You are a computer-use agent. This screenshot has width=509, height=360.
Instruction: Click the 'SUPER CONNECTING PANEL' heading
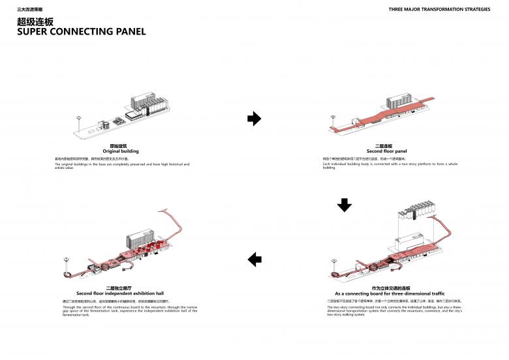click(82, 32)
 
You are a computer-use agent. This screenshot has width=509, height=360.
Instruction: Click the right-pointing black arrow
click(254, 119)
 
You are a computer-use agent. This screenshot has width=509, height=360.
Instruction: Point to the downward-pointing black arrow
click(344, 205)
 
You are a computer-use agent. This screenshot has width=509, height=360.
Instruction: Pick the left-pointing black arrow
click(254, 260)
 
